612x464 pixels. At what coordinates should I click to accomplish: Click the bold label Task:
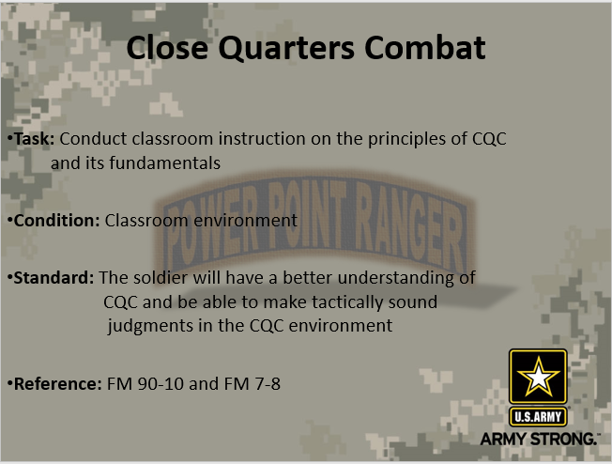tap(34, 138)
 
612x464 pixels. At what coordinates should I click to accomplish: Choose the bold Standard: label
tap(53, 278)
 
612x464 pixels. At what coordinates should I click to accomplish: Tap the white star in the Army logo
tap(538, 378)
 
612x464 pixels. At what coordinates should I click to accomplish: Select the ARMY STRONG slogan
tap(540, 439)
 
